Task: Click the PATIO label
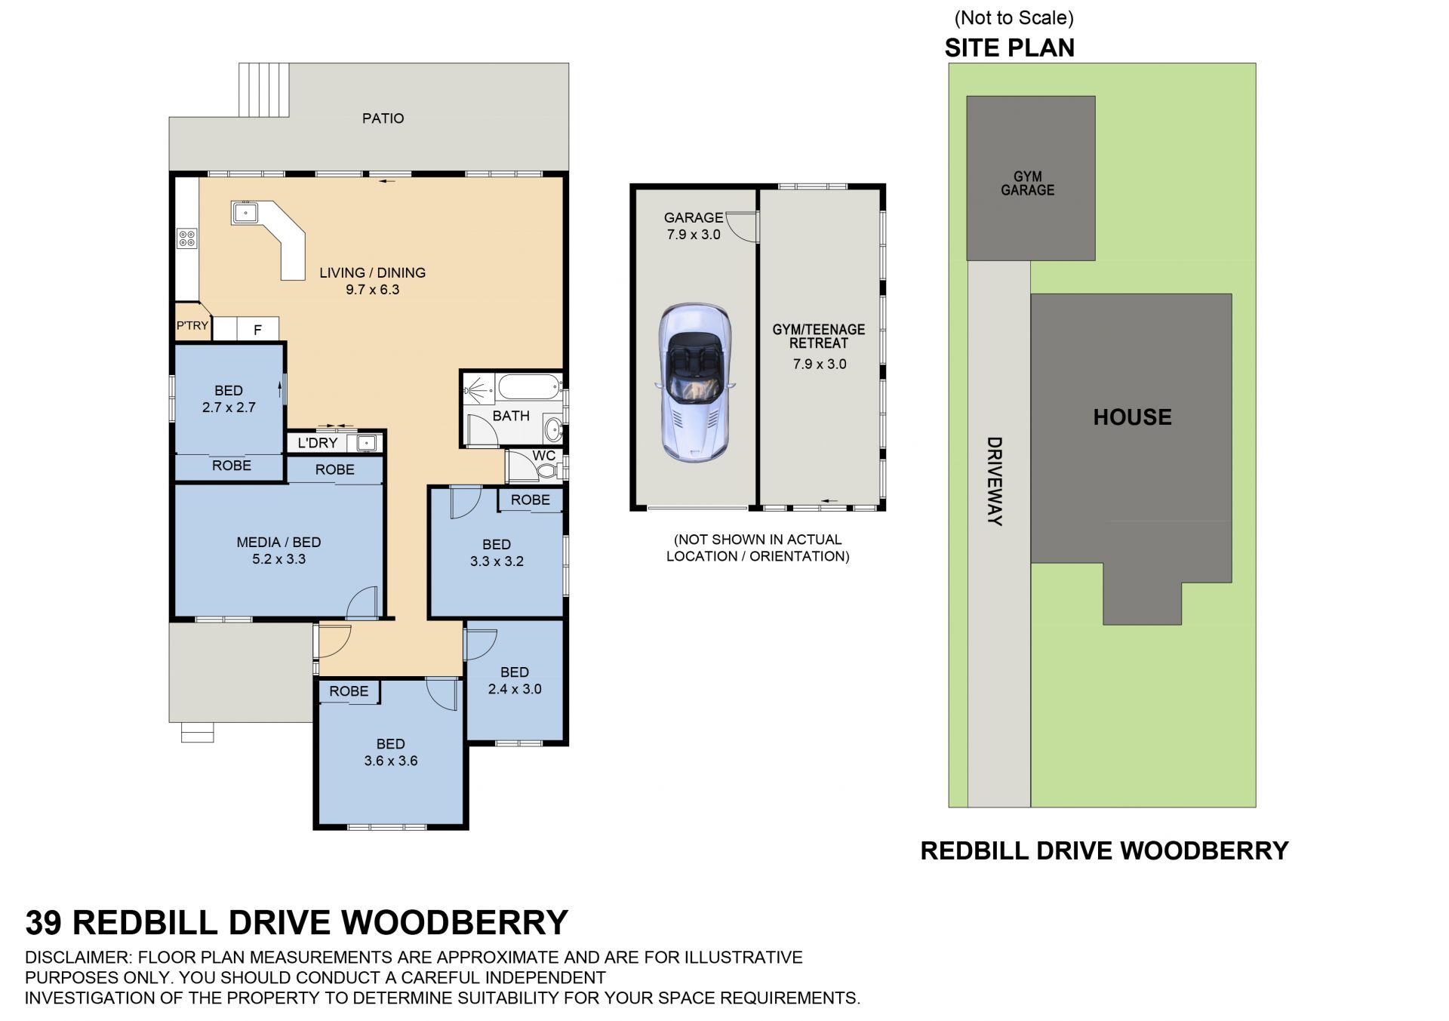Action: pyautogui.click(x=383, y=118)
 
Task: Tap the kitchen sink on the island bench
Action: pyautogui.click(x=245, y=212)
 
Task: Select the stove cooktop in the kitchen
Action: pyautogui.click(x=186, y=238)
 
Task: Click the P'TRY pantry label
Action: pyautogui.click(x=192, y=325)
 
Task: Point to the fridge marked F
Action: pyautogui.click(x=257, y=329)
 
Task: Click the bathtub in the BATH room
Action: pyautogui.click(x=528, y=387)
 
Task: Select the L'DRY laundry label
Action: pyautogui.click(x=317, y=443)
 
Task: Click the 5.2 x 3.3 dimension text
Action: pyautogui.click(x=278, y=559)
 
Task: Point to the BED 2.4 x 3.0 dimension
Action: pyautogui.click(x=515, y=689)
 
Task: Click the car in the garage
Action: pyautogui.click(x=694, y=383)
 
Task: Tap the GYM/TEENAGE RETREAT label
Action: pyautogui.click(x=819, y=337)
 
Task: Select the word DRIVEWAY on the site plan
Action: pyautogui.click(x=995, y=481)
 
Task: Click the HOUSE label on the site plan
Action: pyautogui.click(x=1132, y=417)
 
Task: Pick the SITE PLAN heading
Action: pyautogui.click(x=1010, y=48)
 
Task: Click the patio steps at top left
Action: pyautogui.click(x=264, y=90)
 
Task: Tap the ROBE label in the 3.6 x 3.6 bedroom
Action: pyautogui.click(x=349, y=691)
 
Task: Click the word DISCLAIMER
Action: pyautogui.click(x=78, y=958)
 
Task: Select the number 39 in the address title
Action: pyautogui.click(x=44, y=923)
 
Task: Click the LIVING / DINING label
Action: pyautogui.click(x=372, y=272)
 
